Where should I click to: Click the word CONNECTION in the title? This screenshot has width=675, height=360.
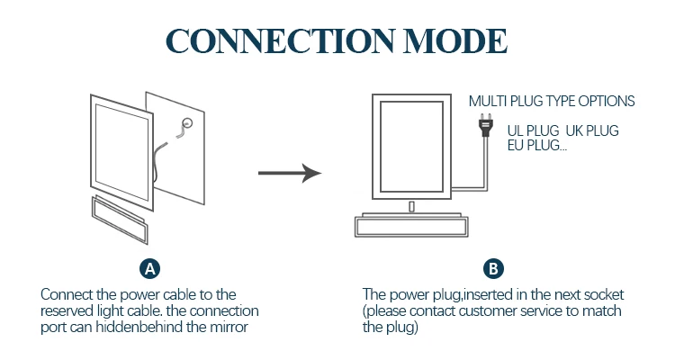pos(279,41)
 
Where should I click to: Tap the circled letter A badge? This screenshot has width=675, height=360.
pos(149,269)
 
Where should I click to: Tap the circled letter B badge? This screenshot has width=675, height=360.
pos(493,269)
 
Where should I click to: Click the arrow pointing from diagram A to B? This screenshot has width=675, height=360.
pos(290,173)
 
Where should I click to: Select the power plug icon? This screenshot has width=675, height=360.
pos(486,125)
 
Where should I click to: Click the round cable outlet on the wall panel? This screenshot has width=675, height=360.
pos(187,123)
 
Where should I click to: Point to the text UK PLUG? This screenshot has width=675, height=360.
pos(592,130)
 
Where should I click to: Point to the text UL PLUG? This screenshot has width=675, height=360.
pos(533,130)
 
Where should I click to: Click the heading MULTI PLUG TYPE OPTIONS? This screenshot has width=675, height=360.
pos(552,101)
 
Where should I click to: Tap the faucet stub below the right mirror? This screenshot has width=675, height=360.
pos(411,207)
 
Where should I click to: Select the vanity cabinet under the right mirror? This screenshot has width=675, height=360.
pos(411,225)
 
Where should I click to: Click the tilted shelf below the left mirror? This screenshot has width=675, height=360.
pos(120,220)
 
